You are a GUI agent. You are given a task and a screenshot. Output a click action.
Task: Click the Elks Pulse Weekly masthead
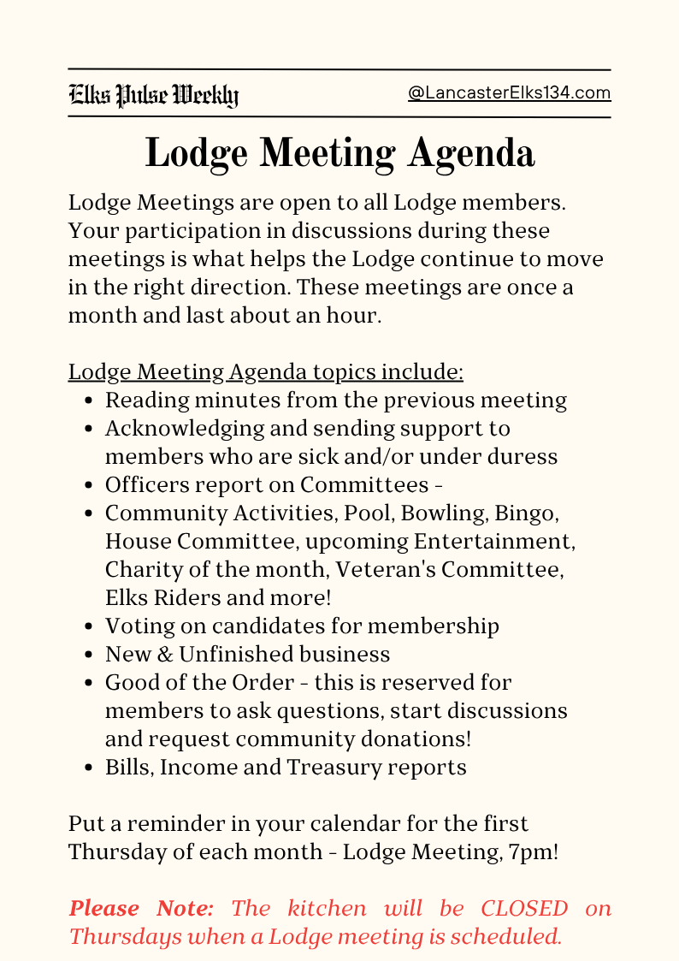tap(154, 95)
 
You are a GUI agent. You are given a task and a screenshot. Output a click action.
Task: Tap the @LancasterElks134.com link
tap(510, 93)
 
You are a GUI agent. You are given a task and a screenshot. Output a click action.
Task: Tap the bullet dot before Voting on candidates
tap(91, 627)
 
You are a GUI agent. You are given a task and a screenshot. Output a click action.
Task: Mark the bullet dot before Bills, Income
tap(91, 768)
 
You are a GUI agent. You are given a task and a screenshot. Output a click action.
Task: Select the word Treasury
tap(337, 767)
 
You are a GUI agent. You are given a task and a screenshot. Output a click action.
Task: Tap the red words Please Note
tap(141, 908)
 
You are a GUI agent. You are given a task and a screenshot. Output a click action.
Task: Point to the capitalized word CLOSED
tap(524, 908)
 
